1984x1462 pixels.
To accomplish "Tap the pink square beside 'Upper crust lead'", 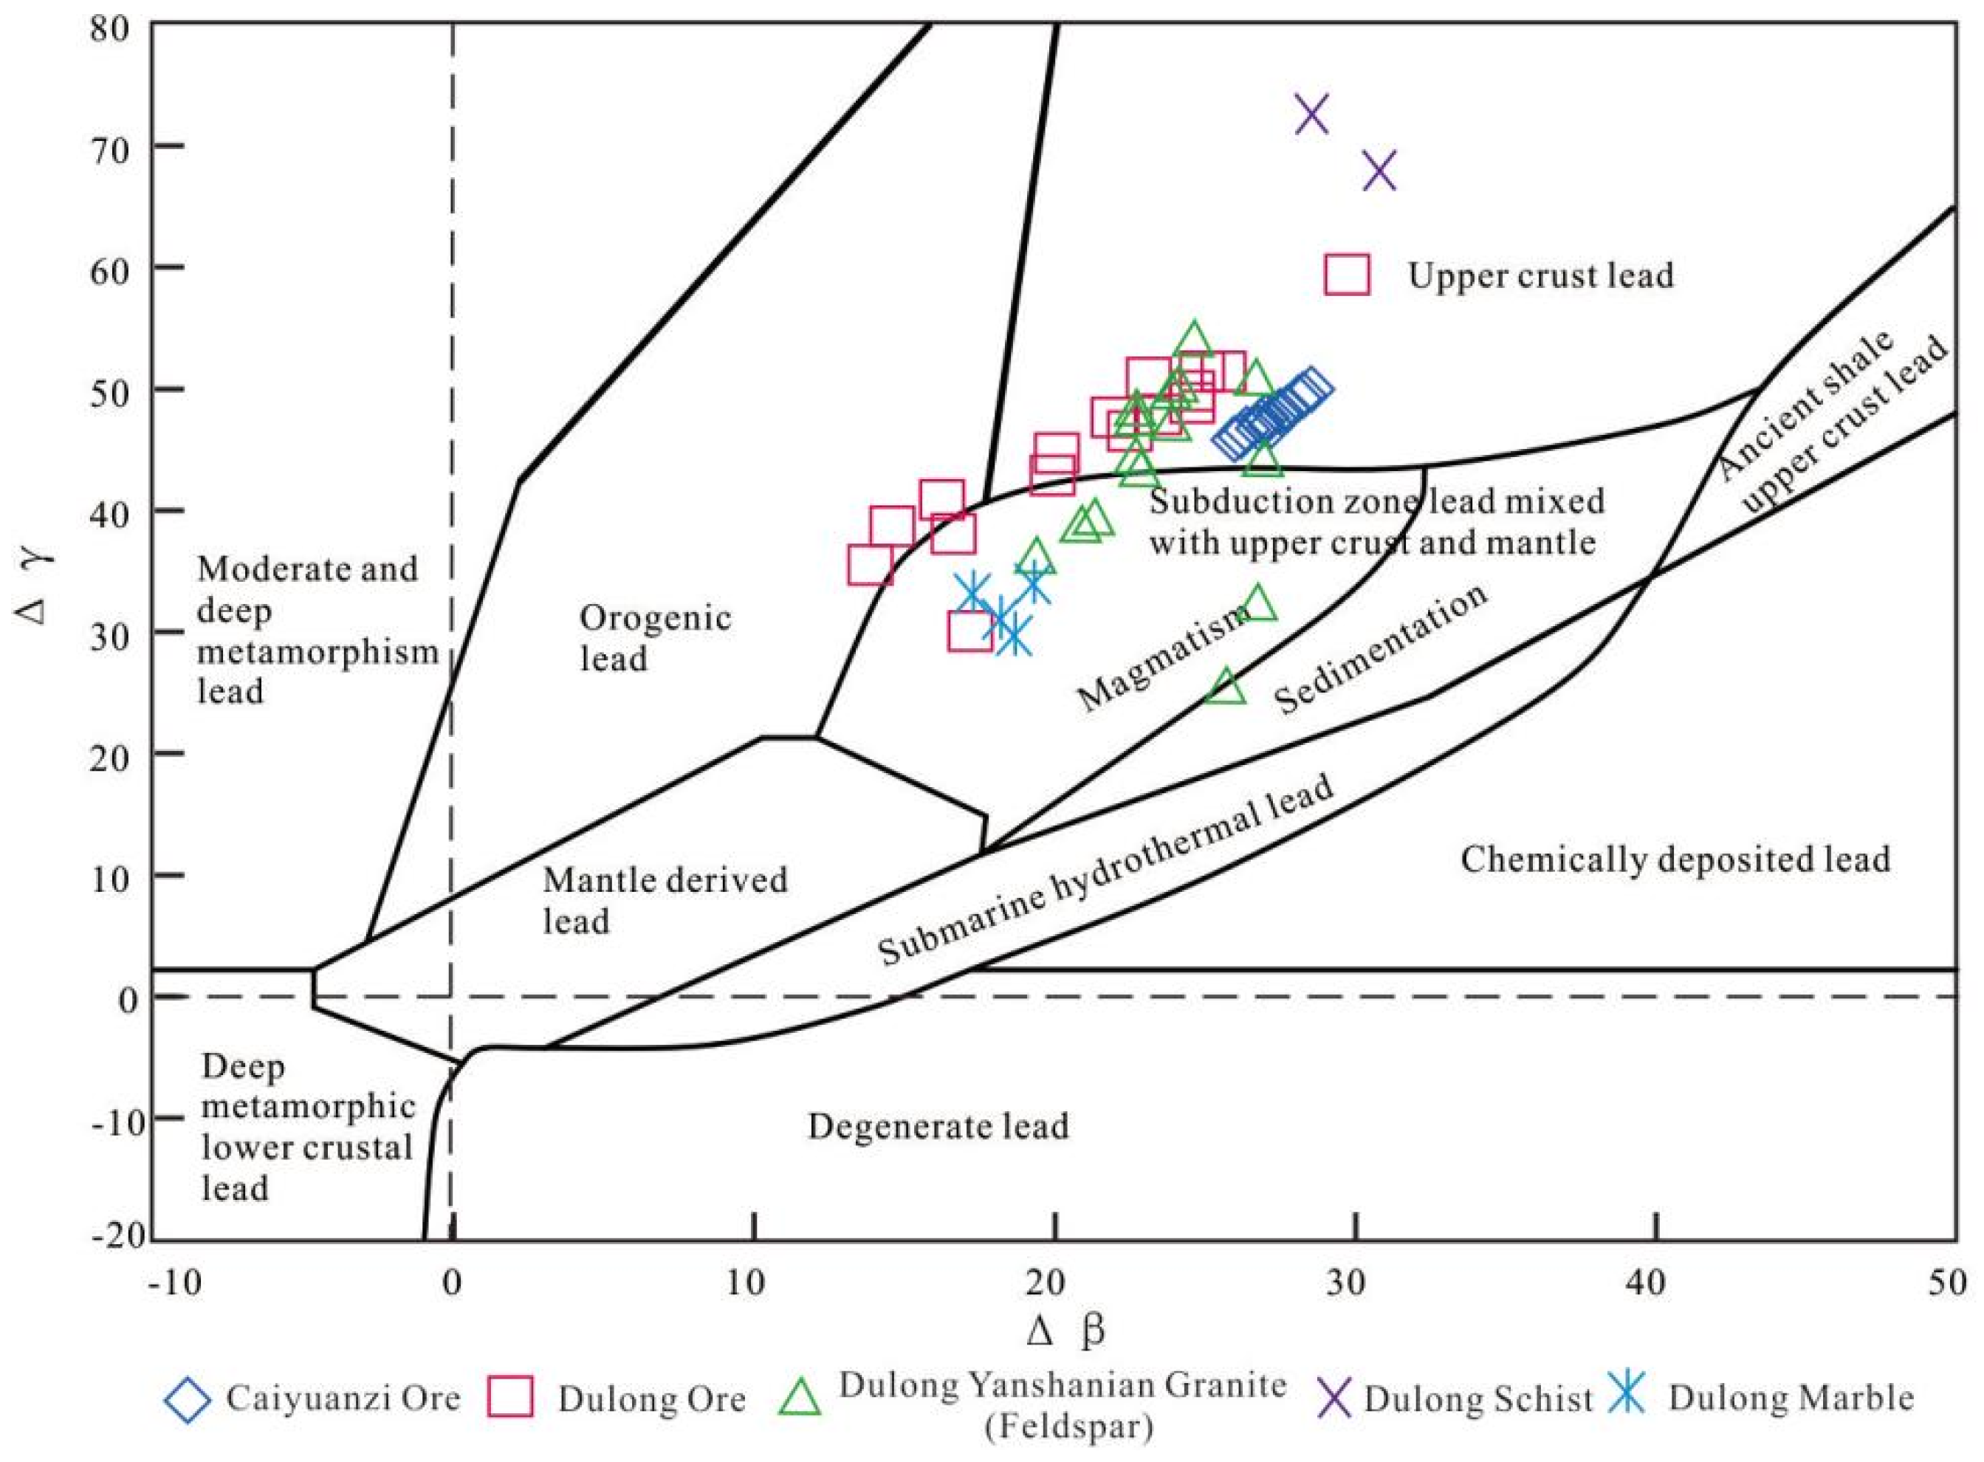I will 1347,275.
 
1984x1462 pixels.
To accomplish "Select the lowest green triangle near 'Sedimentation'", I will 1226,686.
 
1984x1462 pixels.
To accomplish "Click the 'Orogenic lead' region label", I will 655,638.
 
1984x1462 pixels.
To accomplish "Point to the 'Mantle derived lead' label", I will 664,900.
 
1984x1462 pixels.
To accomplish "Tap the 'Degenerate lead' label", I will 938,1127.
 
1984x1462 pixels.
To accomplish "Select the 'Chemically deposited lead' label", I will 1675,859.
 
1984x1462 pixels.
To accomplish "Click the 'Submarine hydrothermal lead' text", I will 1105,869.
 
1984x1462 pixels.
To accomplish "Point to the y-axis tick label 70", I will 113,146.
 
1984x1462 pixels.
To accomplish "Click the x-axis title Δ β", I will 1066,1330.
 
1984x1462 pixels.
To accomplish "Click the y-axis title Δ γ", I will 35,584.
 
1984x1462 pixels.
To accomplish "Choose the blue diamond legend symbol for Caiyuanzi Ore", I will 188,1400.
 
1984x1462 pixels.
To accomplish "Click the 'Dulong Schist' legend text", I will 1477,1399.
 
